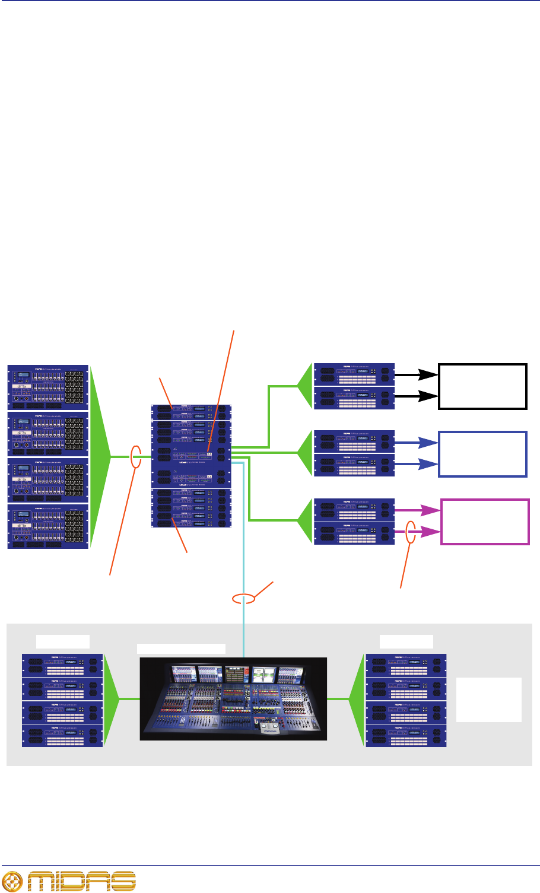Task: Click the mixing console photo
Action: coord(233,698)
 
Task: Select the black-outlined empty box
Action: coord(482,386)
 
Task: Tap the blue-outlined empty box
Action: coord(482,454)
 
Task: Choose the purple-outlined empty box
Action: coord(485,522)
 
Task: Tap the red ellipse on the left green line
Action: coord(136,457)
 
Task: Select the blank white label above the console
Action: coord(181,649)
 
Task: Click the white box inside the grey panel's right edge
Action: coord(488,700)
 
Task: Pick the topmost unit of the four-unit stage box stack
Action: coord(48,387)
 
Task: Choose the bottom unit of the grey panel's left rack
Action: coord(62,736)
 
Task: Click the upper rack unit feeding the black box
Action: coord(354,374)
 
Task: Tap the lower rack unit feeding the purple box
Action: coord(354,533)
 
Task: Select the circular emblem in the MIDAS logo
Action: coord(13,881)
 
